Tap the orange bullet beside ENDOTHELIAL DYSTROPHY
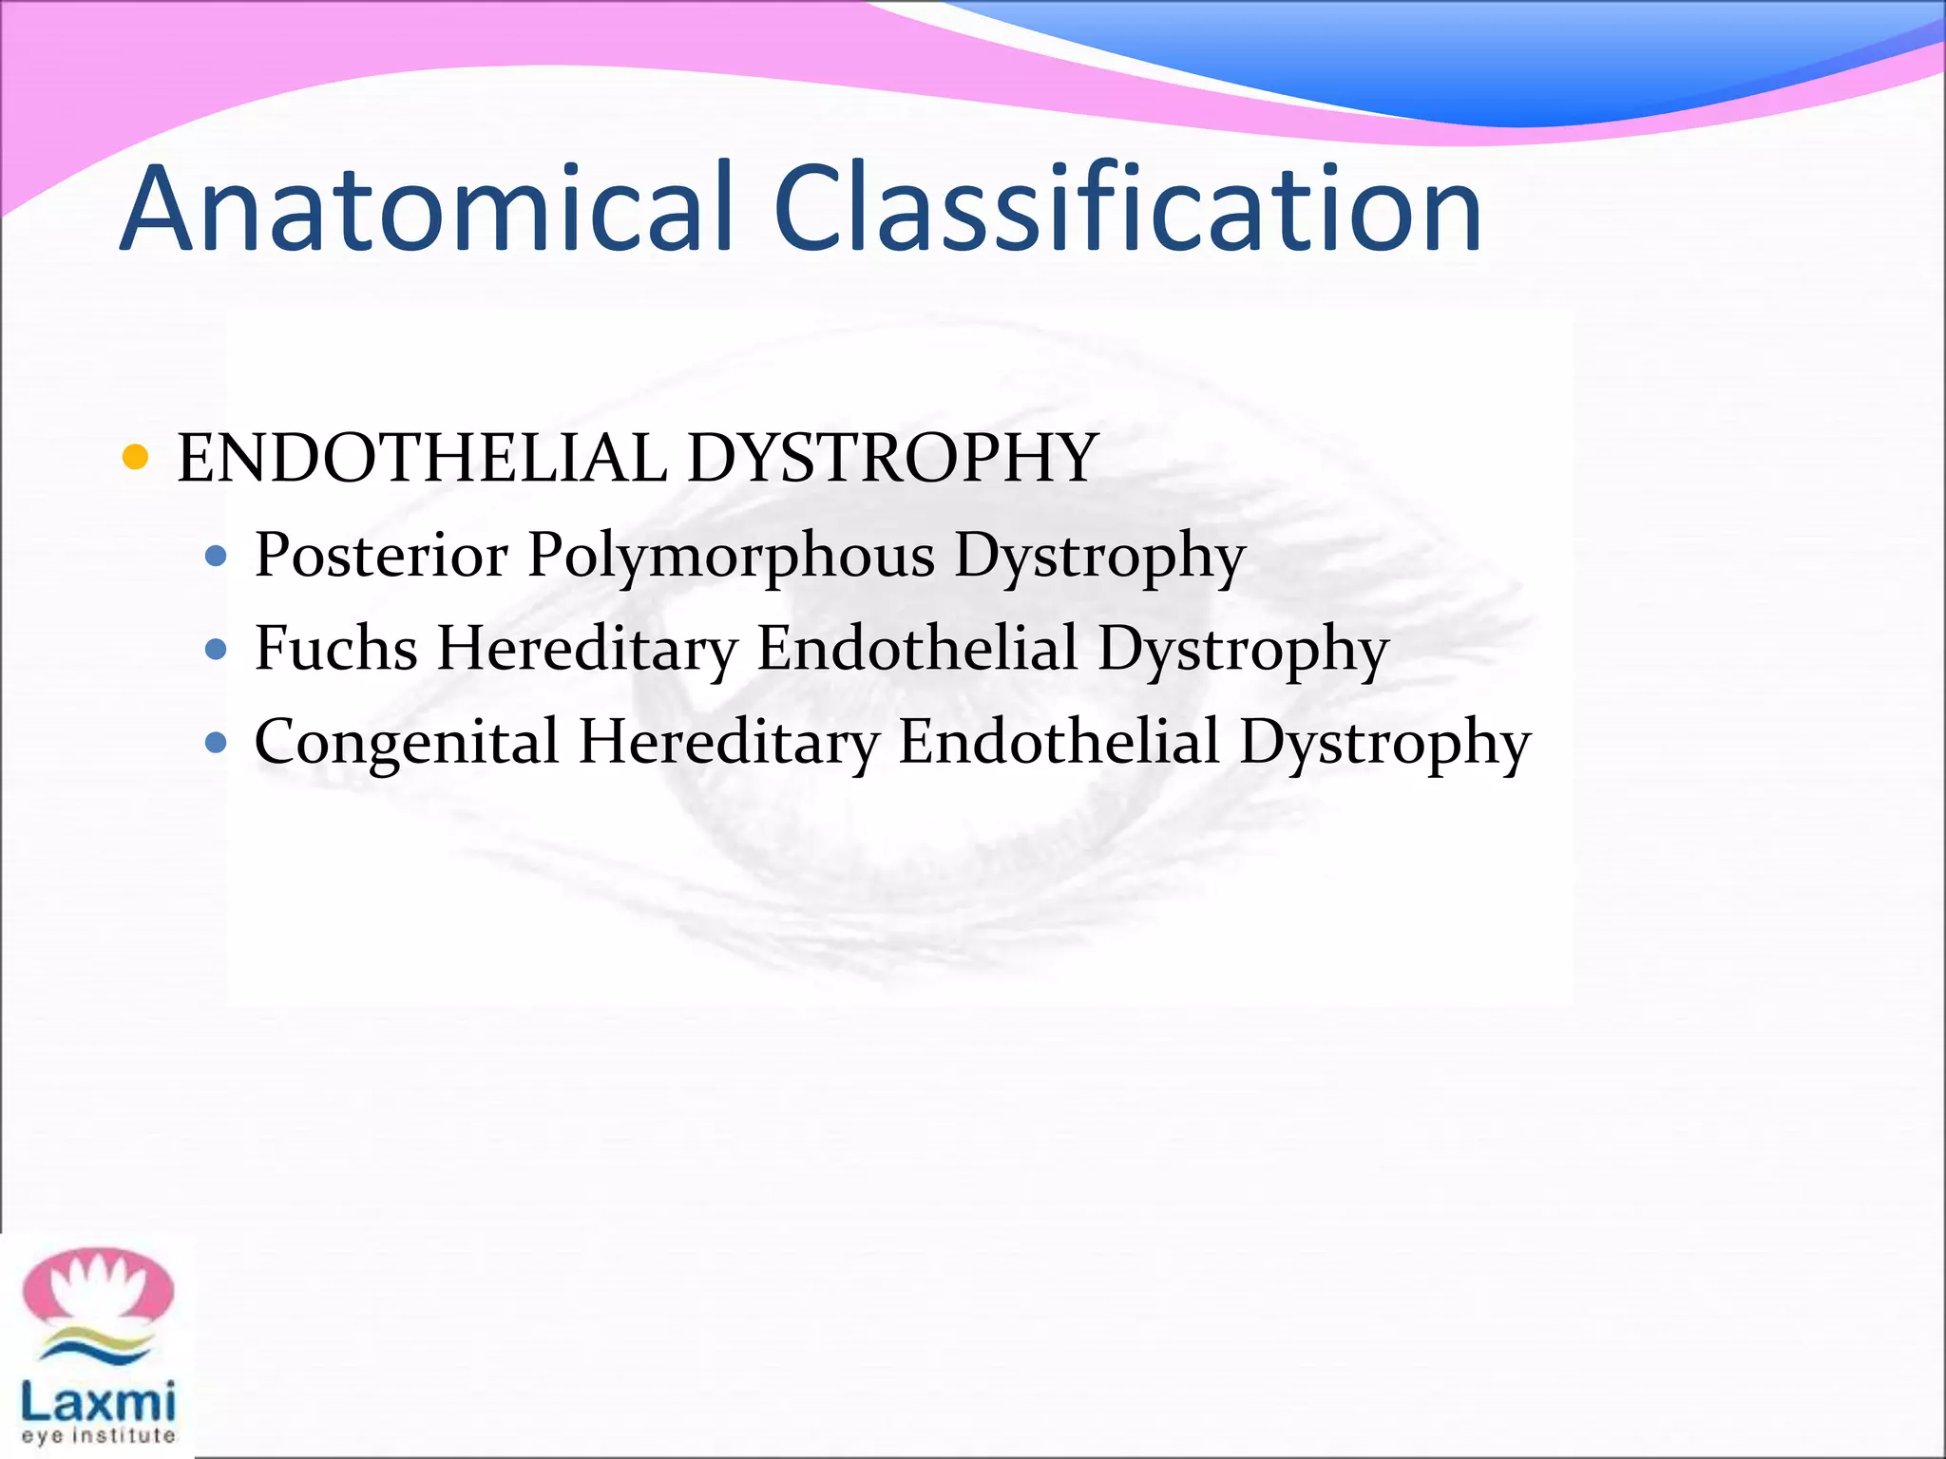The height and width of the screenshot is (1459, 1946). click(136, 458)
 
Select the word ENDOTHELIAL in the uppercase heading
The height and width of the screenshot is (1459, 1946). click(422, 459)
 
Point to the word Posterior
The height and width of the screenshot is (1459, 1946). click(381, 555)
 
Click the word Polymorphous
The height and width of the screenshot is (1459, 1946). click(731, 557)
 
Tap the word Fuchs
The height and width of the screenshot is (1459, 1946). click(336, 649)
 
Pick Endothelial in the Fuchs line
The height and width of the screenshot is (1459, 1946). click(917, 649)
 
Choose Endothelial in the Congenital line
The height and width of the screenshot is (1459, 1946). click(1059, 742)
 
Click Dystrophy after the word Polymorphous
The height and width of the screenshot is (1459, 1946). click(1099, 557)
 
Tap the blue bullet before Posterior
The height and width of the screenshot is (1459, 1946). click(217, 556)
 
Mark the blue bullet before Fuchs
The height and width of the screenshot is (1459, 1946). click(217, 650)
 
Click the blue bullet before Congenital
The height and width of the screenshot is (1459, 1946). click(217, 743)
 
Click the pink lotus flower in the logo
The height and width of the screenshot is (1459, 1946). click(98, 1286)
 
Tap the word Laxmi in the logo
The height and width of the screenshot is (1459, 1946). click(98, 1400)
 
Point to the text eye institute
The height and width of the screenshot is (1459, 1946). click(98, 1436)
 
